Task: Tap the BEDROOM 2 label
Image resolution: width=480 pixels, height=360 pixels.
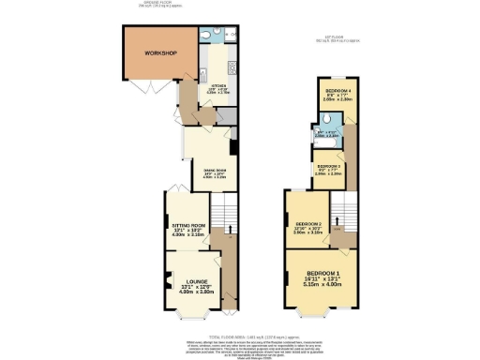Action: (308, 225)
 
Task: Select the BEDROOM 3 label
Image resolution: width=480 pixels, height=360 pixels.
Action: (326, 165)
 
